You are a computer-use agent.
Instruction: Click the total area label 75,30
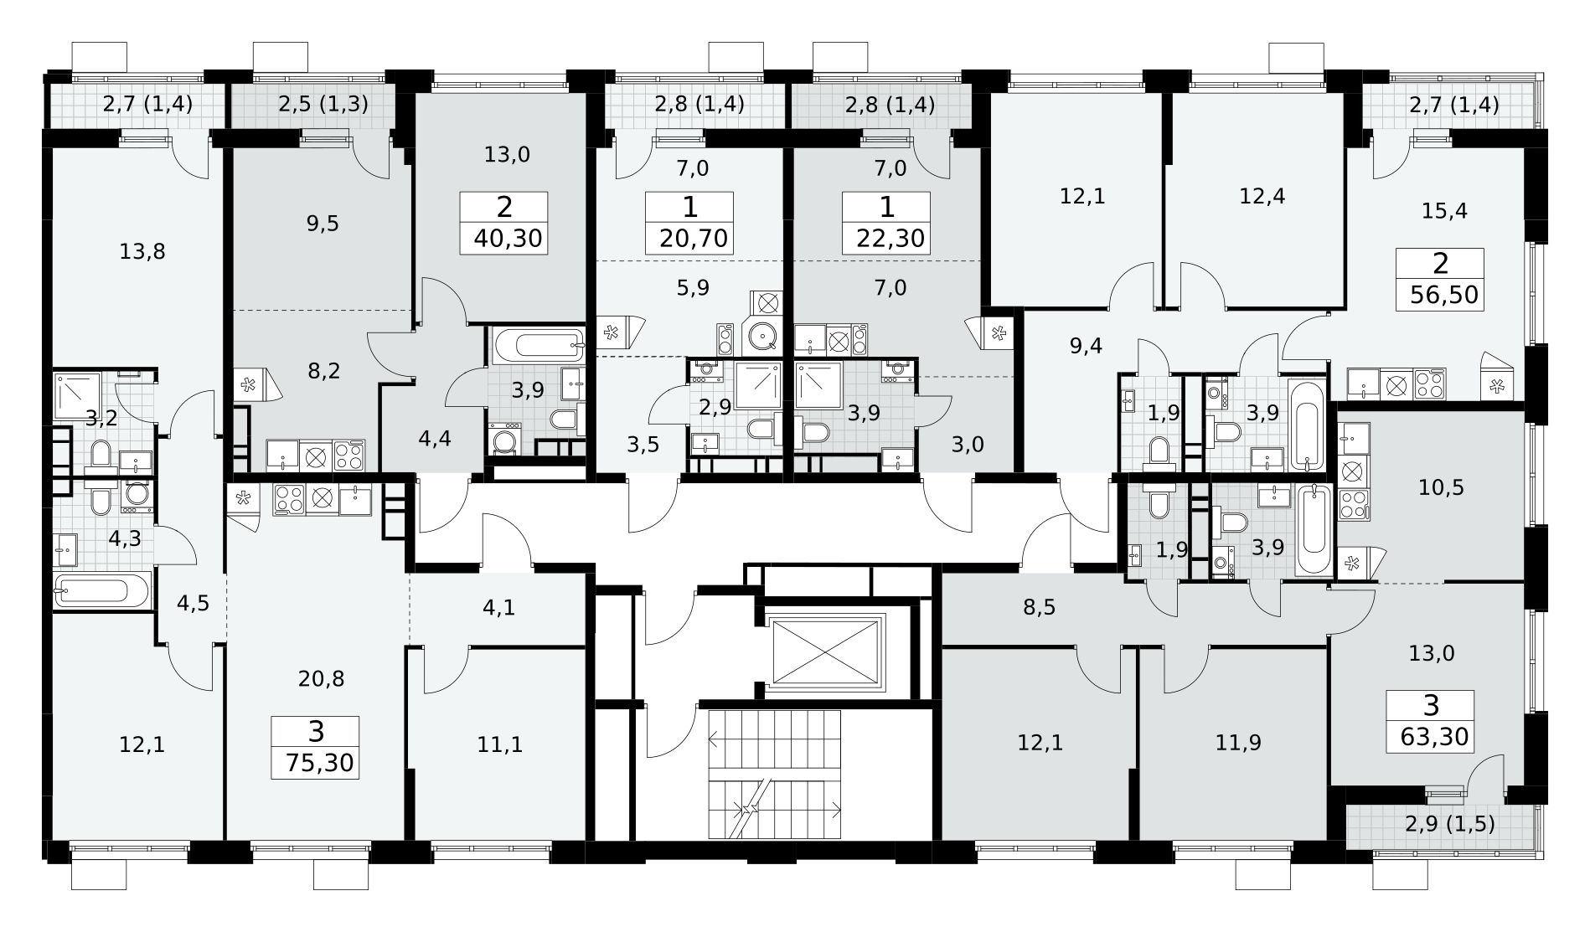(319, 763)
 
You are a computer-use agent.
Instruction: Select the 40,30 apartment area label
(509, 239)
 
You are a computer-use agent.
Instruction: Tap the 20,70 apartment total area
(694, 239)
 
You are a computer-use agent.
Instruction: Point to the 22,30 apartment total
(891, 239)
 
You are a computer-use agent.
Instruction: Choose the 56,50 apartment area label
(1445, 296)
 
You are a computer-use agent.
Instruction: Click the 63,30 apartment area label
(1434, 737)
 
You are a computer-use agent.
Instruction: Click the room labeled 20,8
(322, 678)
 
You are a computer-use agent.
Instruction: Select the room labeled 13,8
(142, 251)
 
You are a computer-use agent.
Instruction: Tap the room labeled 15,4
(1444, 210)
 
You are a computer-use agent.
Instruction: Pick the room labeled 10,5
(1441, 487)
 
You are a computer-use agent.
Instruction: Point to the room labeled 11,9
(1238, 743)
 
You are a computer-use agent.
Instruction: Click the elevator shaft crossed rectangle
(826, 651)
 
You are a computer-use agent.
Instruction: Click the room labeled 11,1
(499, 743)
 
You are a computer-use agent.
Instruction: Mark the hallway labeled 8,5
(1040, 607)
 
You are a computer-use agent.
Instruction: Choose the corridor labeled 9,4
(1086, 346)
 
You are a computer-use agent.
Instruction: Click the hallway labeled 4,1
(499, 607)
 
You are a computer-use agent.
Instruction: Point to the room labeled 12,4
(1262, 197)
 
